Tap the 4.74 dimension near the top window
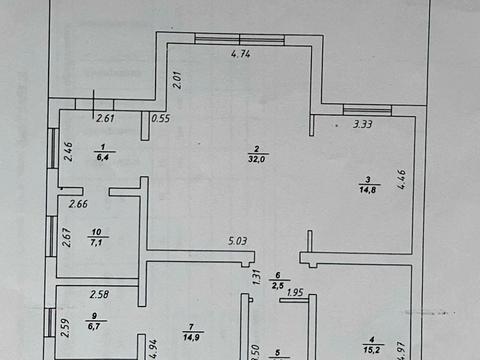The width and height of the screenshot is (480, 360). point(241,56)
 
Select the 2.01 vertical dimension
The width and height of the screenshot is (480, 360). point(176,79)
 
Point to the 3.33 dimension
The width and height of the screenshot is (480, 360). point(363,125)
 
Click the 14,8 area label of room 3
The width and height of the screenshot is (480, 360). point(368,186)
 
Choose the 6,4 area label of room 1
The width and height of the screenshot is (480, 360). point(103,155)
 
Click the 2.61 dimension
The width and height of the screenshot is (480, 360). point(106,119)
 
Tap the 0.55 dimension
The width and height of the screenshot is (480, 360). point(160,119)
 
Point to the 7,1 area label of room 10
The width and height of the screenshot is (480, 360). point(97,241)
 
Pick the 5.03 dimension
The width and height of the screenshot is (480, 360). point(238,240)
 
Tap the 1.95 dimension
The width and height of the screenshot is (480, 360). point(296,292)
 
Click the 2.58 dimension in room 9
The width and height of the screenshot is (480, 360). point(99,294)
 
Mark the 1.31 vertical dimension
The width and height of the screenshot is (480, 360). point(256,278)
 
